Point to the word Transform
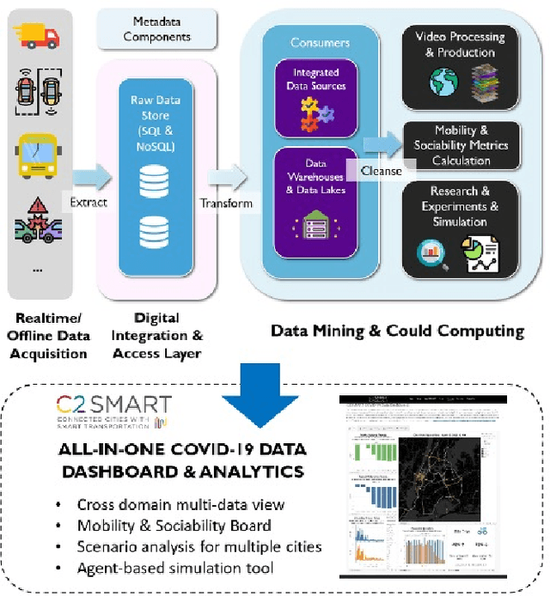226,203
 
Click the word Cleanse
382,171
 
